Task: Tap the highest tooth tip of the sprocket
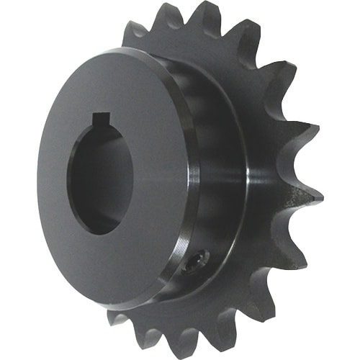209,12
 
